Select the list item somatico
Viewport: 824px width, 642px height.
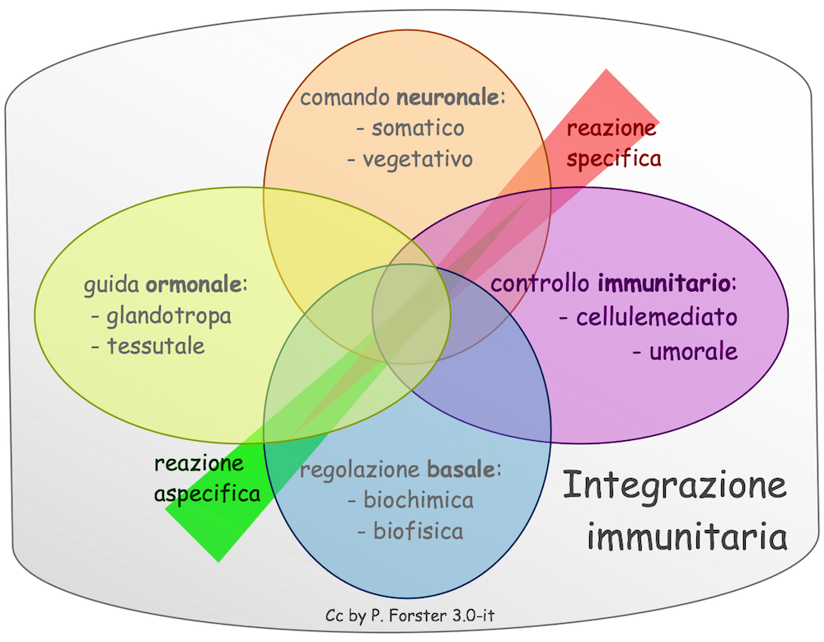418,129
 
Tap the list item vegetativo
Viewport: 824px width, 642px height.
418,158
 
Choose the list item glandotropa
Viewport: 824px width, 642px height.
169,316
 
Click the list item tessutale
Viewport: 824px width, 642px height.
156,345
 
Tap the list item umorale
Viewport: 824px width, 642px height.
693,352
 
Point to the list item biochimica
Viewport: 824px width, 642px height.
418,500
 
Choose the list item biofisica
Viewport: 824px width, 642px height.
418,531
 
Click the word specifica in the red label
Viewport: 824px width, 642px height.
614,157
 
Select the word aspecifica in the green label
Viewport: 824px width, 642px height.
207,494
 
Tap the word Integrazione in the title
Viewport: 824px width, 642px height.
674,486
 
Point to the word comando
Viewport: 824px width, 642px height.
344,99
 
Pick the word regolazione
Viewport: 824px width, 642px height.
360,471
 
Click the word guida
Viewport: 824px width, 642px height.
112,287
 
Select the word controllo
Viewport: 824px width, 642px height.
541,285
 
